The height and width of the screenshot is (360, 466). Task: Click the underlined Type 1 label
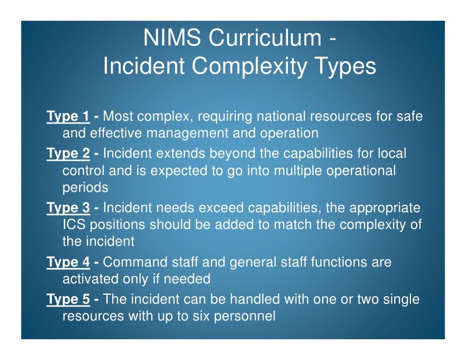[x=68, y=117]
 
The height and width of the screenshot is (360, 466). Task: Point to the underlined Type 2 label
[x=68, y=154]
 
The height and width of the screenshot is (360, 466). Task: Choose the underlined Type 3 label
[x=68, y=208]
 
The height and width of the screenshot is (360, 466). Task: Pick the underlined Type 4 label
[x=68, y=263]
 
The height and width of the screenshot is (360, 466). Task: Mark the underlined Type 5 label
[x=68, y=299]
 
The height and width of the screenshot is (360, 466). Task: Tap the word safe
[x=410, y=117]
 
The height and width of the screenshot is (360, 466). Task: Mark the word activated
[x=90, y=279]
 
